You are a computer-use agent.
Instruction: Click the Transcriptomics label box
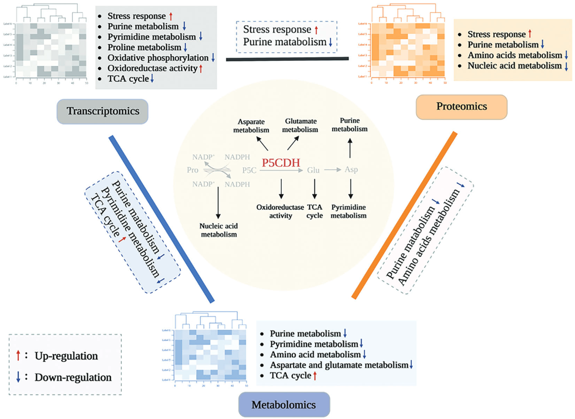102,111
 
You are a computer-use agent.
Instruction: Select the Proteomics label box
461,107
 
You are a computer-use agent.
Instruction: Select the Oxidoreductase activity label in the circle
274,211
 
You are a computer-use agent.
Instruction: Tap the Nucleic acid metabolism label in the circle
218,230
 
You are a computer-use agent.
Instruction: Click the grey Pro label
193,170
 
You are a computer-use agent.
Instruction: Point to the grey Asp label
351,170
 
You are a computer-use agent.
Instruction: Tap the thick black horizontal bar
287,59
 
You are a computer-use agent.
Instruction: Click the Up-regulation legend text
66,356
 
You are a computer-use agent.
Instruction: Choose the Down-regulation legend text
73,377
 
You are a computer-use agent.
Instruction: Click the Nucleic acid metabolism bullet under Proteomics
515,66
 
